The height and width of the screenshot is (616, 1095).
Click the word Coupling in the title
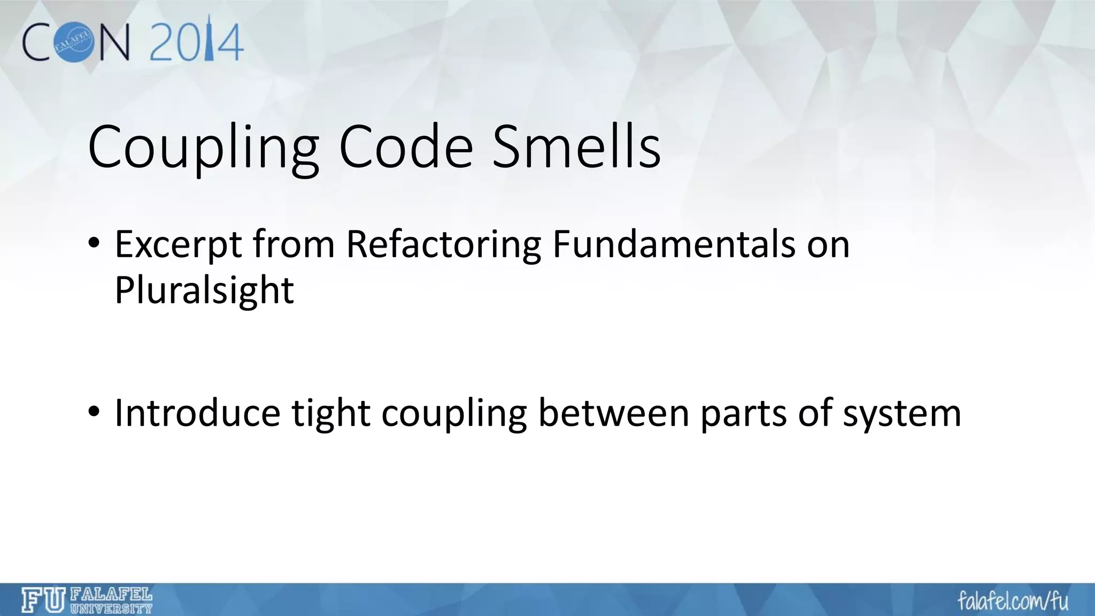pyautogui.click(x=203, y=149)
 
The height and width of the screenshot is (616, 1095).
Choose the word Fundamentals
pyautogui.click(x=673, y=244)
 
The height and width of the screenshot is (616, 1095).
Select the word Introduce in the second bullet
pyautogui.click(x=197, y=413)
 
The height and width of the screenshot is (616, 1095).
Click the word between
pyautogui.click(x=613, y=413)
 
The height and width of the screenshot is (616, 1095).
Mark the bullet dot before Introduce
pyautogui.click(x=94, y=412)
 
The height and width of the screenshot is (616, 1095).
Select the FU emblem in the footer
pyautogui.click(x=43, y=600)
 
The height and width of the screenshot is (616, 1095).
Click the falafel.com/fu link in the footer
pyautogui.click(x=1013, y=601)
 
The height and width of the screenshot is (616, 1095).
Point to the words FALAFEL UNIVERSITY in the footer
pyautogui.click(x=111, y=600)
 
